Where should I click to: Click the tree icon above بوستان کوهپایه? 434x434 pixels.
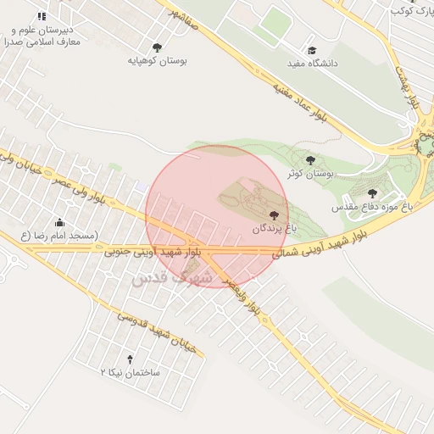pyautogui.click(x=157, y=47)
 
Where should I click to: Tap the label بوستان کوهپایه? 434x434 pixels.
pyautogui.click(x=158, y=61)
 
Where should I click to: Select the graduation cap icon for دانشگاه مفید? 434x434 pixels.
pyautogui.click(x=312, y=51)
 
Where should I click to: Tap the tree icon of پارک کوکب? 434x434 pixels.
pyautogui.click(x=412, y=11)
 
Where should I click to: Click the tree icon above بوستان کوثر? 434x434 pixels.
pyautogui.click(x=309, y=159)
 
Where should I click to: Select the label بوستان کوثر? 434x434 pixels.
pyautogui.click(x=312, y=173)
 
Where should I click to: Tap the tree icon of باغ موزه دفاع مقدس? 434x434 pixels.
pyautogui.click(x=372, y=192)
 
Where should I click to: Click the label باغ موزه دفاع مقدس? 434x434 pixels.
pyautogui.click(x=373, y=206)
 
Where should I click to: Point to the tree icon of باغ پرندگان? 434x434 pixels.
pyautogui.click(x=272, y=215)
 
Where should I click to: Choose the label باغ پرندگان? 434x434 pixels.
pyautogui.click(x=272, y=229)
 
